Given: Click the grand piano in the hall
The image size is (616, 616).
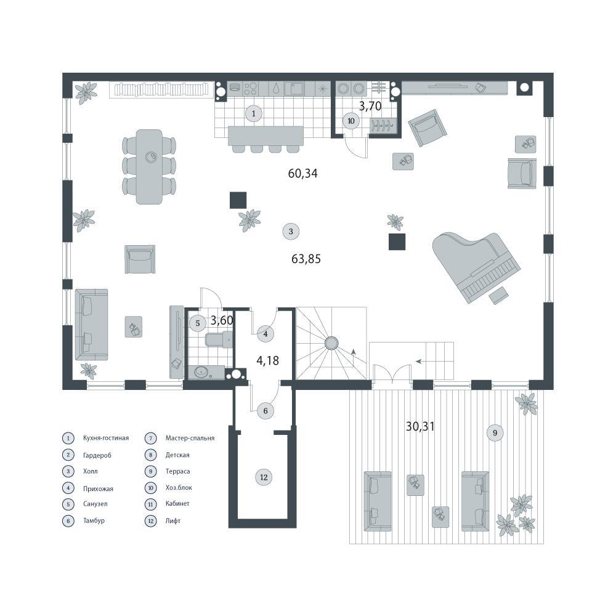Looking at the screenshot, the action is pos(476,268).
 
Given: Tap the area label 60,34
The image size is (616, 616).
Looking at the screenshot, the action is pos(302,173).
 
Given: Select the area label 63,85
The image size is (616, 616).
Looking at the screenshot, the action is pos(306,259).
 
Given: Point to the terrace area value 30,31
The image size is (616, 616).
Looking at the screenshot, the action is pos(420,426).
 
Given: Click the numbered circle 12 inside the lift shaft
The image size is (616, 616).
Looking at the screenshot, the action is pos(264,477).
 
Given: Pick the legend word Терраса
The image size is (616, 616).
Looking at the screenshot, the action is pos(177,471).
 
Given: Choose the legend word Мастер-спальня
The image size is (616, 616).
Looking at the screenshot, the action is pos(190,438).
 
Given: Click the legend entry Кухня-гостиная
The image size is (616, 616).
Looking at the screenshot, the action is pos(106,438).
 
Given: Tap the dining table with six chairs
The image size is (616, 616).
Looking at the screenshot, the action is pos(149,167).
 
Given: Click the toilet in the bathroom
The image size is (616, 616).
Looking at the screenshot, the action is pos(219,339).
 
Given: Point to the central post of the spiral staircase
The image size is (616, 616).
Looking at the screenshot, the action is pos(331,343).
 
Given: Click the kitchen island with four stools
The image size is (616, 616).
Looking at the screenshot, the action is pos(266,139).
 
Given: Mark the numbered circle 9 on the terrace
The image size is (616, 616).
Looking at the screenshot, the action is pos(495,432).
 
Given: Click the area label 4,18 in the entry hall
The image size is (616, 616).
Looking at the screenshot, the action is pos(267,360).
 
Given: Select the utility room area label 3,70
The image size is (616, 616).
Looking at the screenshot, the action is pos(370,106).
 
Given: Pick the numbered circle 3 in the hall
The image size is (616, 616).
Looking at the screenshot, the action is pos(291,232).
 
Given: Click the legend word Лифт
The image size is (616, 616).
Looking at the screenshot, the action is pos(173,521).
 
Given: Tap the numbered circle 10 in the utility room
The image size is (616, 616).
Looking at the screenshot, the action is pos(351,121).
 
